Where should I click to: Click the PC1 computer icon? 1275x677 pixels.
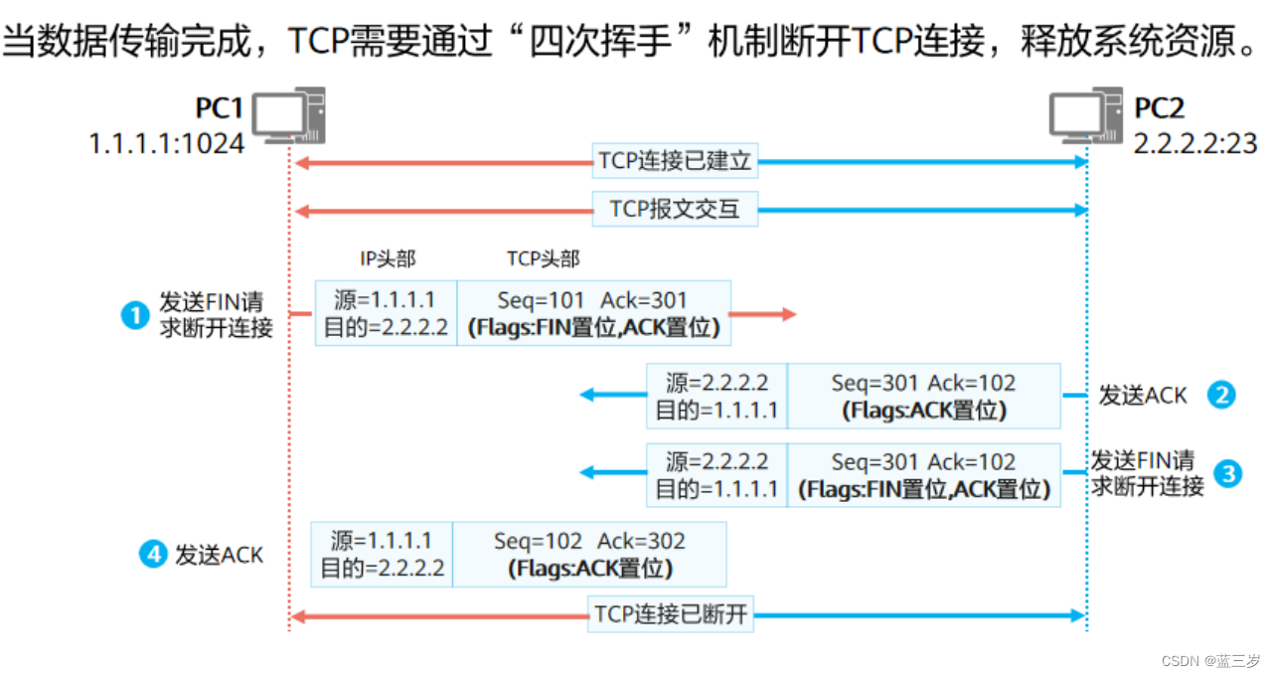(x=288, y=115)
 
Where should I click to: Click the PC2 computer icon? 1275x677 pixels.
(x=1086, y=115)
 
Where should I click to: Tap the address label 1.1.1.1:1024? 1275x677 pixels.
(x=167, y=144)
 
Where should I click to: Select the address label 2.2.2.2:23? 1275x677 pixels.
(x=1195, y=144)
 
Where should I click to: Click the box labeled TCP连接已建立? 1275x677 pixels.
(x=675, y=161)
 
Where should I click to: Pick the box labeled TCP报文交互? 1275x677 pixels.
(x=675, y=210)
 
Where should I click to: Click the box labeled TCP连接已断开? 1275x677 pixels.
(x=671, y=614)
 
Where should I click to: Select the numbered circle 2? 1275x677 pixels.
(x=1220, y=395)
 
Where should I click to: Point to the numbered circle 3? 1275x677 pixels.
(x=1228, y=474)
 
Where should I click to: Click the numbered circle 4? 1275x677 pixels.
(x=152, y=555)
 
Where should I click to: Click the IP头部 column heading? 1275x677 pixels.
(x=388, y=259)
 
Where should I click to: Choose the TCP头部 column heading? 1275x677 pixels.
(x=543, y=259)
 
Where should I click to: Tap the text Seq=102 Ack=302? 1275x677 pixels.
(x=589, y=541)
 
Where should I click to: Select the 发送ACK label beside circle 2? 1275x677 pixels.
(x=1143, y=396)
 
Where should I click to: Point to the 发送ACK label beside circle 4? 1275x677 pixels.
(x=220, y=556)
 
